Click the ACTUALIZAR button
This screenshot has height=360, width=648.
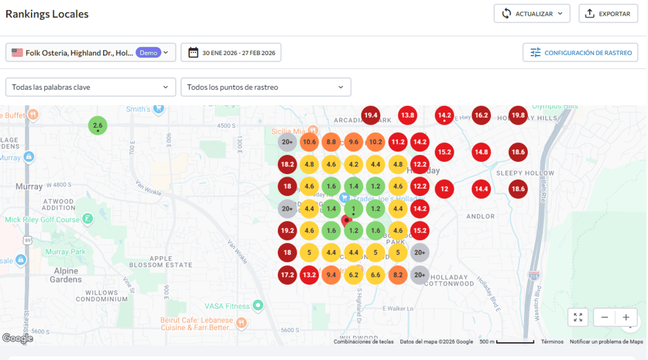pos(532,13)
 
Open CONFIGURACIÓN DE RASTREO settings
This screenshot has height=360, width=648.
pos(580,53)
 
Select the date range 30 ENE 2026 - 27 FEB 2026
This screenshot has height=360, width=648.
pos(231,53)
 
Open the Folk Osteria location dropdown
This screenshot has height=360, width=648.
pos(90,53)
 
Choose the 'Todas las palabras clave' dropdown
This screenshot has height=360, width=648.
pos(90,87)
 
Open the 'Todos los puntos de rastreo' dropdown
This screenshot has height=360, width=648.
pos(265,87)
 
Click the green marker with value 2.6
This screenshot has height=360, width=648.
pos(97,126)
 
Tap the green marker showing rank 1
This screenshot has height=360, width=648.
pos(353,209)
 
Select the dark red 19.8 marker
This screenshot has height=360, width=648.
pos(518,115)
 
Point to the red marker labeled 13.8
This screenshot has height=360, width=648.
pos(407,115)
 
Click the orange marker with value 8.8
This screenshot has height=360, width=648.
pos(331,142)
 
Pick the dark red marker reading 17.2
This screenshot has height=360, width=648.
pos(287,275)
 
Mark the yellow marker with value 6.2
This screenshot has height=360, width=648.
pos(353,275)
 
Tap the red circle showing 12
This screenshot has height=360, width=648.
pos(444,189)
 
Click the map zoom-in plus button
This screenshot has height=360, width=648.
pos(626,318)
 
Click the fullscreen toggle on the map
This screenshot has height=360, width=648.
pos(578,318)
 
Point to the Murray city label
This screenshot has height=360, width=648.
pos(28,187)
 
